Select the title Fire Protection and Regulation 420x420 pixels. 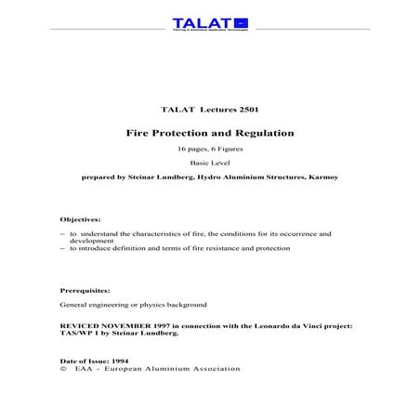(x=210, y=133)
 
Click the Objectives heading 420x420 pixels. (x=80, y=219)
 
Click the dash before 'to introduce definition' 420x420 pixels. (x=61, y=248)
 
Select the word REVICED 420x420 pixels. (x=78, y=325)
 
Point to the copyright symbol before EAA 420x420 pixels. (x=61, y=368)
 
